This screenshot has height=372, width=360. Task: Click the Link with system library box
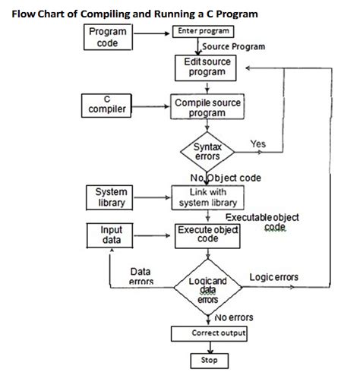coord(207,197)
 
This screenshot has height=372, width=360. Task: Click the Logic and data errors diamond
coord(207,289)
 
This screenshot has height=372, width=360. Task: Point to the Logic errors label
coord(273,276)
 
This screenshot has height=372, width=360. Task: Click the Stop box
coord(208,360)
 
